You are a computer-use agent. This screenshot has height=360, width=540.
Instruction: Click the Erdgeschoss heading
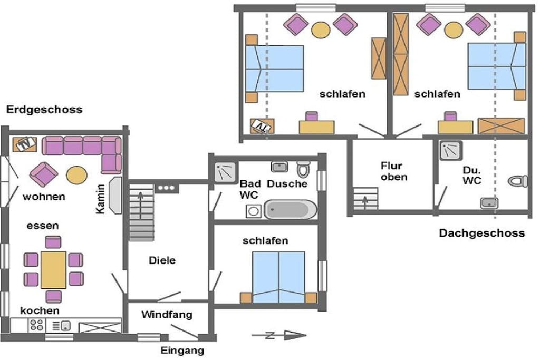44,110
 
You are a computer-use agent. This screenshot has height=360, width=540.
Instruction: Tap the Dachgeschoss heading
482,233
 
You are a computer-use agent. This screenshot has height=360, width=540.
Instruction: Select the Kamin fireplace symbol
115,196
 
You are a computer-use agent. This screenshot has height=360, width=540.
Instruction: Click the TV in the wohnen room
25,144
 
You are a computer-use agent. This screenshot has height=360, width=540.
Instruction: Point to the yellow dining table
53,270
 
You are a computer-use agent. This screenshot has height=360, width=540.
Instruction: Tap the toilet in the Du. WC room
517,181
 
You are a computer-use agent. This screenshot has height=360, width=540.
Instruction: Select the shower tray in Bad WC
225,172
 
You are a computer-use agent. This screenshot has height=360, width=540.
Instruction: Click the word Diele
162,260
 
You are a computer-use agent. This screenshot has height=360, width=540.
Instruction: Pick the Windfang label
167,315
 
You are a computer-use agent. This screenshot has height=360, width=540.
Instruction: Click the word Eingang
182,351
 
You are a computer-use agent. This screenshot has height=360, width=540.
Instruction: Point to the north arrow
279,335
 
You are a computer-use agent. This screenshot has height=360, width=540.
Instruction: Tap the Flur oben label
394,171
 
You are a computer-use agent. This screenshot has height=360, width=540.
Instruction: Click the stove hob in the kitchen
36,325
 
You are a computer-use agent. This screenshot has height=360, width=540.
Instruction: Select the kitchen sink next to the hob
61,326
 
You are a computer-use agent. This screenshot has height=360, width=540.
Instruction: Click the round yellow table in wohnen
77,175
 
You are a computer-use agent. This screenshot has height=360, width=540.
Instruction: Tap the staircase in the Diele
141,212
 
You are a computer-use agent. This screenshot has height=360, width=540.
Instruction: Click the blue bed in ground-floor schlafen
278,277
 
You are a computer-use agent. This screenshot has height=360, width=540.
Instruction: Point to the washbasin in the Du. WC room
489,203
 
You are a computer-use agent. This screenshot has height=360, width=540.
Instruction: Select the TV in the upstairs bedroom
262,126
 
